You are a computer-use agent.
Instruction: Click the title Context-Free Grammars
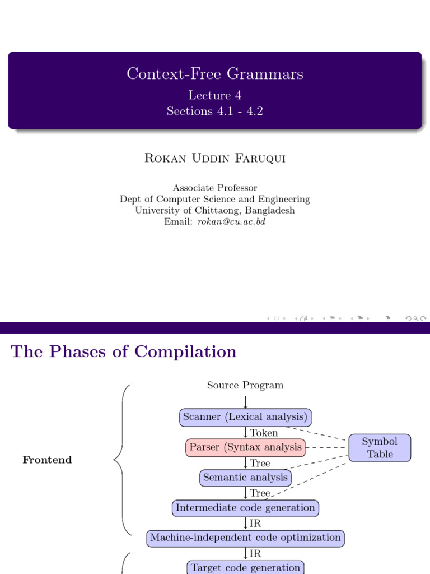pos(215,74)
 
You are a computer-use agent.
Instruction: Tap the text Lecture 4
pos(215,95)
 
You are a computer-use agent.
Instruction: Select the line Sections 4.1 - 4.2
pos(215,111)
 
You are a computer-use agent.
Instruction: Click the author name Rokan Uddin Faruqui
pos(215,158)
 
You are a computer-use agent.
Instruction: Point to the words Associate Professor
pos(215,188)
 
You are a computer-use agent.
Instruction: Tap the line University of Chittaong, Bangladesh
pos(215,210)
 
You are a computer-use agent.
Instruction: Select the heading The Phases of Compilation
pos(124,352)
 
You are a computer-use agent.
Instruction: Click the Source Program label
pos(245,385)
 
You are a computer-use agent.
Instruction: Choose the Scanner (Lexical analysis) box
pos(245,417)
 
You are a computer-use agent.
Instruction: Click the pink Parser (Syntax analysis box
pos(245,447)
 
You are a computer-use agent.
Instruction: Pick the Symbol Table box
pos(380,448)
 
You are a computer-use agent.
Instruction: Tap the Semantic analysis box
pos(245,478)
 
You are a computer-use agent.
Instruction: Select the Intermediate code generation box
pos(245,508)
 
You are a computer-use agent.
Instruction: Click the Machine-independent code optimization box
pos(245,538)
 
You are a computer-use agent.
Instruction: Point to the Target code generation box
pos(245,567)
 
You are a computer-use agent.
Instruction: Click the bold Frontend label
pos(47,460)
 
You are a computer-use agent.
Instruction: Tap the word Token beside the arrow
pos(264,433)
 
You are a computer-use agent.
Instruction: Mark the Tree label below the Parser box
pos(260,463)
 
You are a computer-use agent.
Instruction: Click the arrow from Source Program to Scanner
pos(245,401)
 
